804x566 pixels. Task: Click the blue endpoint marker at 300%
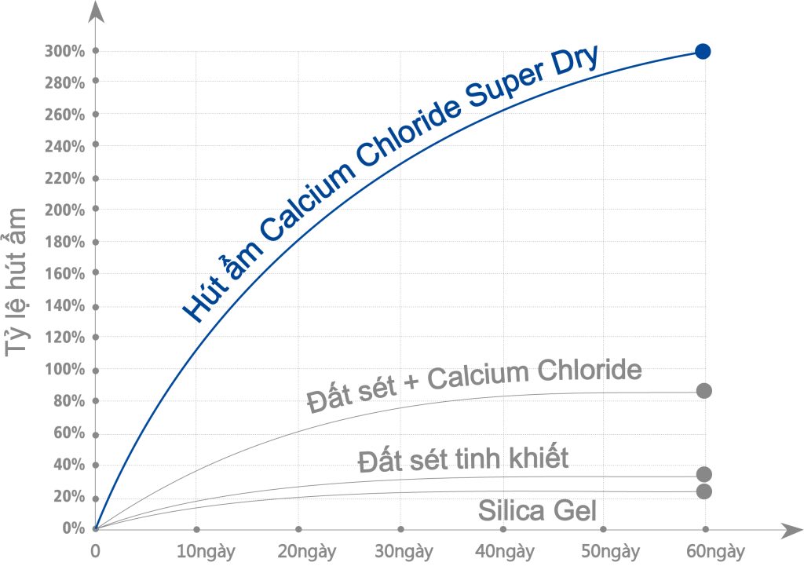coord(703,52)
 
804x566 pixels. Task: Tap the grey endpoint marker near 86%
coord(704,391)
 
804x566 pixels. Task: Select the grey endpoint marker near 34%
coord(704,474)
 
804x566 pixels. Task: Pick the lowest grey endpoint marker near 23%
coord(704,491)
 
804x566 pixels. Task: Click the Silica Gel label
coord(538,512)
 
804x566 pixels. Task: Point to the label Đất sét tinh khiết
coord(462,458)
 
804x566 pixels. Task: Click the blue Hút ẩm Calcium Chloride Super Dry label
coord(391,184)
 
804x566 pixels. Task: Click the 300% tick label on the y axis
coord(65,51)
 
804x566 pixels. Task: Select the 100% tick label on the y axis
coord(65,370)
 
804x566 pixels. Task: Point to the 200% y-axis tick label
coord(65,210)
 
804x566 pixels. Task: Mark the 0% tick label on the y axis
coord(73,528)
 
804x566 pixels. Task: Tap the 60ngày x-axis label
coord(711,551)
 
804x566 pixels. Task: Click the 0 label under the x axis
coord(95,551)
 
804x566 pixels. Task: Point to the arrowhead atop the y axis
coord(96,11)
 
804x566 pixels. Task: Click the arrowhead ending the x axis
coord(788,530)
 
